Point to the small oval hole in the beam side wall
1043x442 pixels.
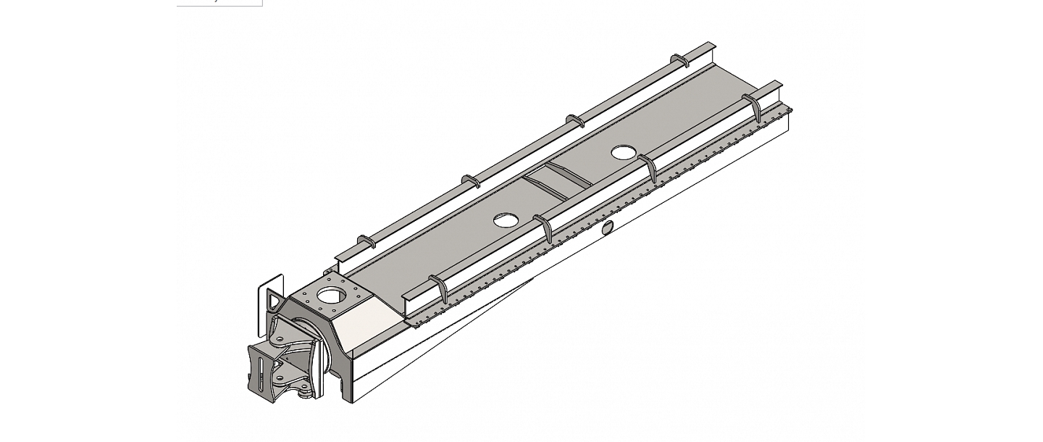tap(606, 228)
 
